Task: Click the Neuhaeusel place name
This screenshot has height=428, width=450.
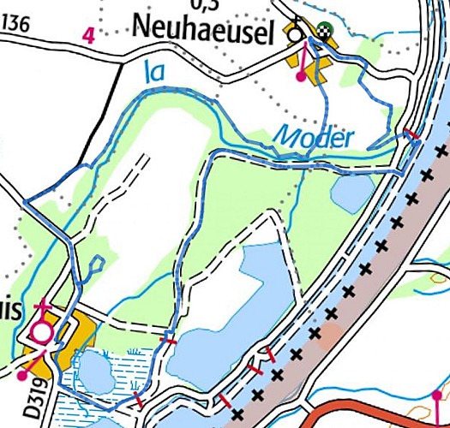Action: pyautogui.click(x=203, y=32)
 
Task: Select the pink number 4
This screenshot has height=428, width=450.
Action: pyautogui.click(x=87, y=35)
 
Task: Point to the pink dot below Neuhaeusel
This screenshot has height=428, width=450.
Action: pyautogui.click(x=300, y=77)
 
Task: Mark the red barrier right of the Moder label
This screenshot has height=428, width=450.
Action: pyautogui.click(x=412, y=134)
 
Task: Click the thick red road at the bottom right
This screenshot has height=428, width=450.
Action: pyautogui.click(x=377, y=407)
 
